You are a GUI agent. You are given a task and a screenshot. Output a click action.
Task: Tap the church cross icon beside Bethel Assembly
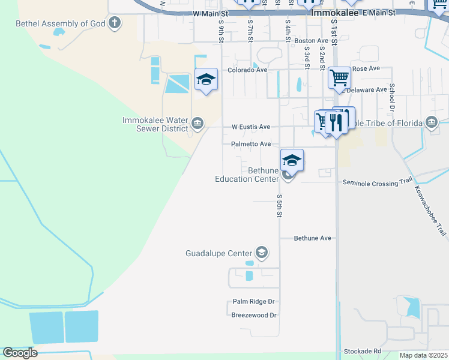(x=114, y=24)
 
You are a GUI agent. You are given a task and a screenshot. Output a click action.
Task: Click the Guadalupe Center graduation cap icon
(x=261, y=253)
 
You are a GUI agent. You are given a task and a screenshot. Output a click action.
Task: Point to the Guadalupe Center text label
(x=218, y=253)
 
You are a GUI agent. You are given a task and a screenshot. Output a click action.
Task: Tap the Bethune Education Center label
(x=247, y=175)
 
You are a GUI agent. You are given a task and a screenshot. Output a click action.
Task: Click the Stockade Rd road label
(x=362, y=351)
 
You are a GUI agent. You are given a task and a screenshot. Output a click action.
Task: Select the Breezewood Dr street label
(x=253, y=315)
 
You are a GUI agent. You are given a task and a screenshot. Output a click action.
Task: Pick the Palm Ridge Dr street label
(x=253, y=302)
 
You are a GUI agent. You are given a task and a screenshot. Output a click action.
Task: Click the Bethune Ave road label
(x=312, y=238)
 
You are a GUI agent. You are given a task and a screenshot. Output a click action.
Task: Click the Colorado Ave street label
(x=247, y=70)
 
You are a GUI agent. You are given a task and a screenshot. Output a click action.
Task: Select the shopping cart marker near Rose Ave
(x=339, y=77)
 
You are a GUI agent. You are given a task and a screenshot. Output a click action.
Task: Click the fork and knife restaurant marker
(x=336, y=122)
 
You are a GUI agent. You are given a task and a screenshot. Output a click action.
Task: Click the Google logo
(x=20, y=353)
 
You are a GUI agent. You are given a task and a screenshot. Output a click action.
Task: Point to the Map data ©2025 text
(x=423, y=355)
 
